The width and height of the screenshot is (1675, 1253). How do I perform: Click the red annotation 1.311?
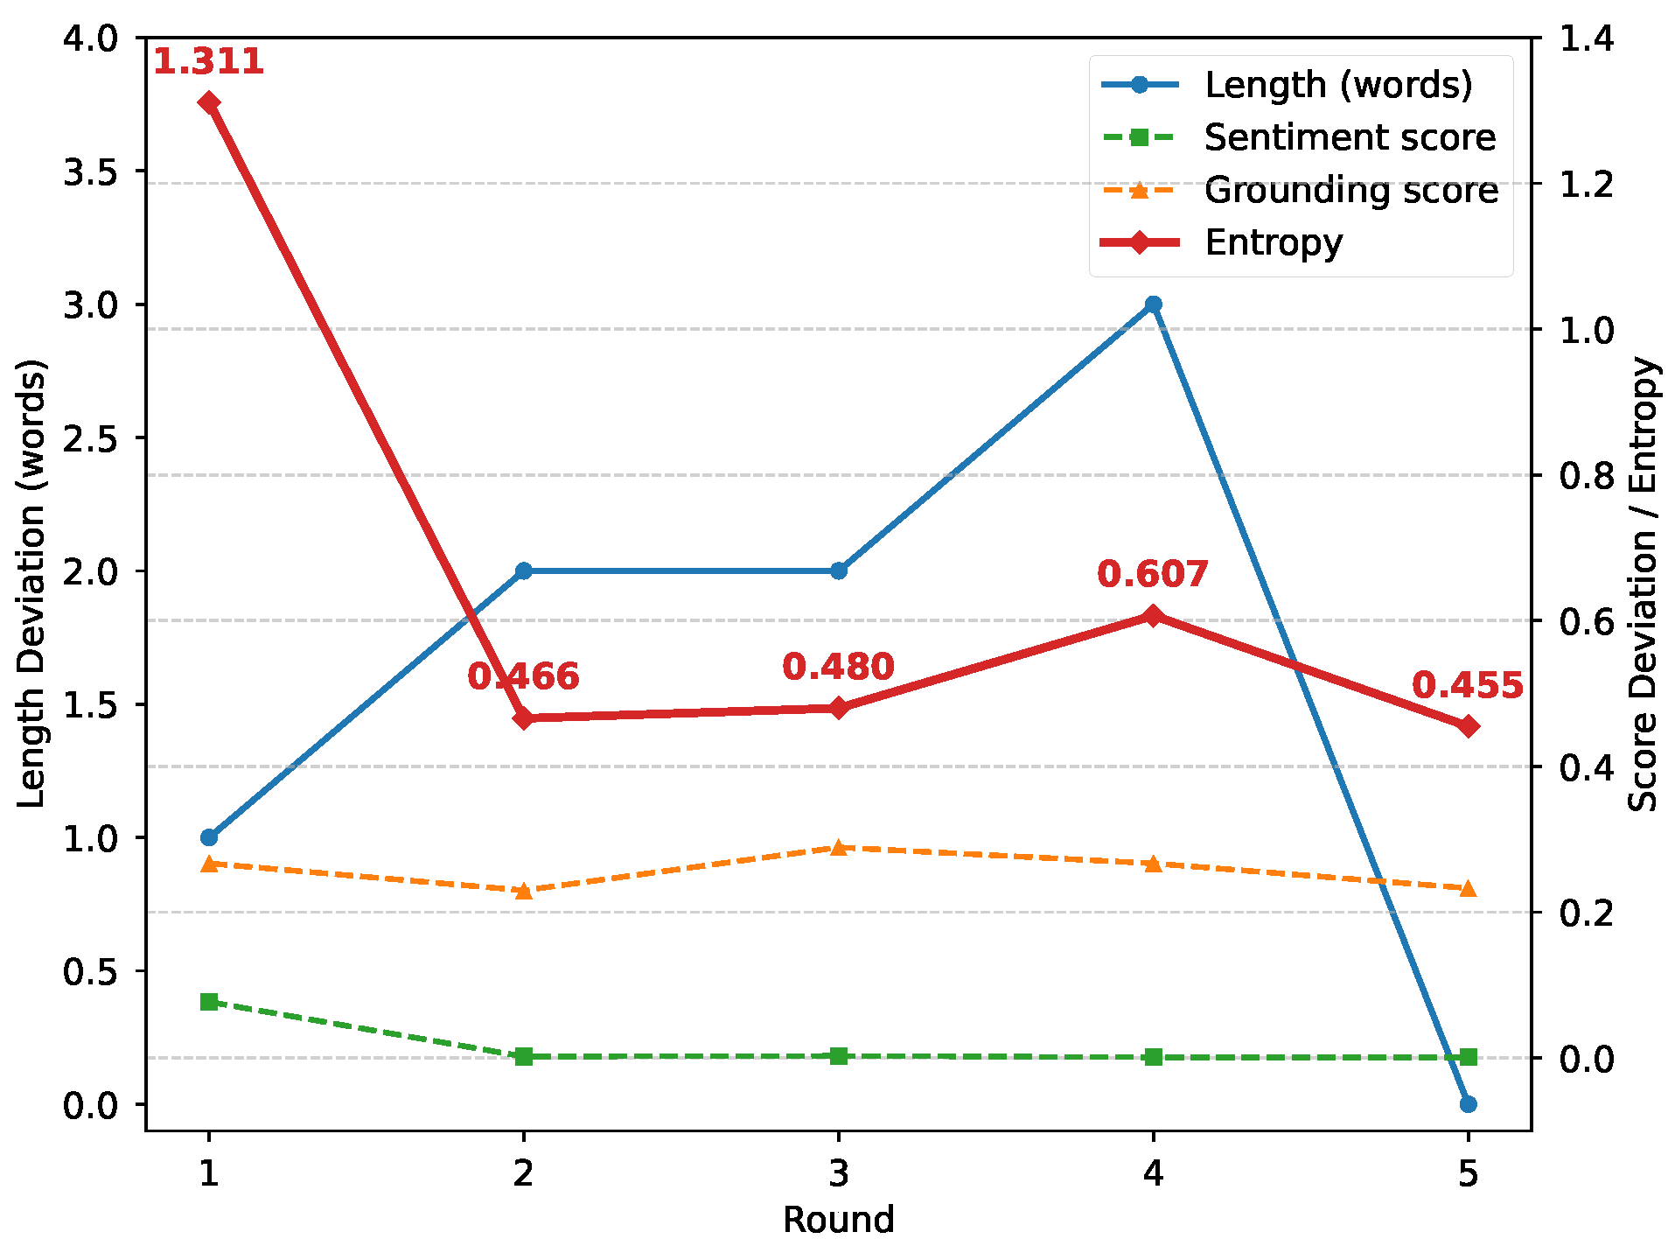(x=208, y=62)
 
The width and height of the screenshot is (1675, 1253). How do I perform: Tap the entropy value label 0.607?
(x=1153, y=575)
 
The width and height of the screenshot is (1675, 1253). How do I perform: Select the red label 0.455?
(x=1468, y=686)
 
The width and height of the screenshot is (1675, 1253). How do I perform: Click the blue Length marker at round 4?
(x=1153, y=304)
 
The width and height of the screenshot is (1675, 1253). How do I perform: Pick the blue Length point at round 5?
(x=1468, y=1104)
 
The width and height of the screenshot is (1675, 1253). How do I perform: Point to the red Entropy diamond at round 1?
(x=208, y=102)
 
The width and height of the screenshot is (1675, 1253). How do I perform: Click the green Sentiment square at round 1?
(x=208, y=1002)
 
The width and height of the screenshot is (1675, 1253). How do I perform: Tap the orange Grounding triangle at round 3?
(x=838, y=847)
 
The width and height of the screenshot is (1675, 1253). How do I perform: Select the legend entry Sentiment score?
(x=1349, y=137)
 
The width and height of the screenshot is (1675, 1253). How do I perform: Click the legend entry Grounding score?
(x=1350, y=190)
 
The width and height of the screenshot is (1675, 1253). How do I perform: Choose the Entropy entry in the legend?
(x=1273, y=242)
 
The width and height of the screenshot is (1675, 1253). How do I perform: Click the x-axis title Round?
(x=838, y=1220)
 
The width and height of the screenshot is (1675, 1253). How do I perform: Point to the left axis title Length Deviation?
(x=31, y=584)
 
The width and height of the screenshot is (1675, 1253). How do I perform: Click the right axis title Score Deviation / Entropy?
(x=1644, y=584)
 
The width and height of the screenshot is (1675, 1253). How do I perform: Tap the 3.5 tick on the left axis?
(x=90, y=171)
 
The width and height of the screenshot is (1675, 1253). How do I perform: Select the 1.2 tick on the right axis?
(x=1586, y=185)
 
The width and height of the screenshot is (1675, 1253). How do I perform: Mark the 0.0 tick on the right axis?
(x=1586, y=1059)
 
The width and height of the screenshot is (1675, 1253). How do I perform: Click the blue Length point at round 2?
(x=523, y=570)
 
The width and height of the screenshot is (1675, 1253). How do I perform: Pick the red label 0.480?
(x=838, y=668)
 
